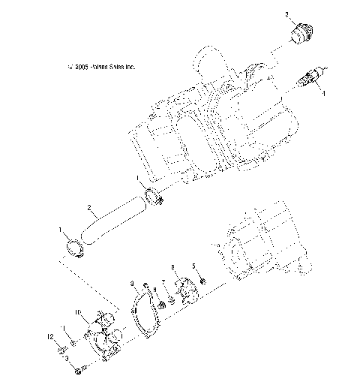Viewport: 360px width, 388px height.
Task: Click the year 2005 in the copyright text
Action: (83, 66)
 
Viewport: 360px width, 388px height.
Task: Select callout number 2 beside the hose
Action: (89, 208)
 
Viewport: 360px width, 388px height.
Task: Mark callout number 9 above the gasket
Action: (132, 284)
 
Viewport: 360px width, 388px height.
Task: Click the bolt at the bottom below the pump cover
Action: (82, 370)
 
